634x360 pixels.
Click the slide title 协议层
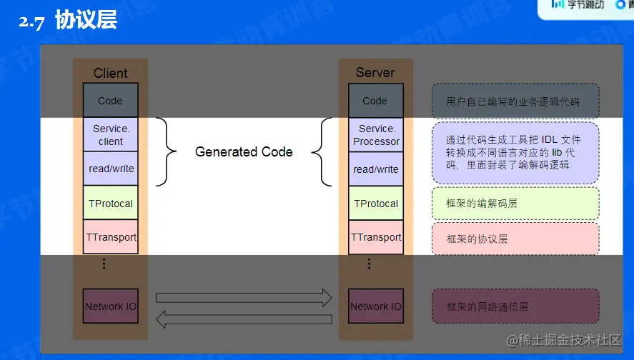(86, 21)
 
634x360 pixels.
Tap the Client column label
(110, 73)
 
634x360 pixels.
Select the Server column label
(375, 72)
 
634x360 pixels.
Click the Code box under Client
(110, 101)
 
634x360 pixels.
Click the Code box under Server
(375, 101)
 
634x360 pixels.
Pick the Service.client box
(110, 135)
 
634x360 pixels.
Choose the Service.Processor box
(376, 135)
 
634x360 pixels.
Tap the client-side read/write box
(110, 169)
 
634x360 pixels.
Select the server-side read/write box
(376, 169)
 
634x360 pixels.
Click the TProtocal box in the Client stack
(110, 204)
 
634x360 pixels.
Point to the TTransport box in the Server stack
(376, 237)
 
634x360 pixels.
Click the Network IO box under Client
(110, 306)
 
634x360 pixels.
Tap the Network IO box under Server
(376, 306)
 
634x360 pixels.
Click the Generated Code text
(244, 151)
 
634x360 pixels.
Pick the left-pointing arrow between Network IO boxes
(244, 319)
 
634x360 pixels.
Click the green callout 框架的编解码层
(515, 204)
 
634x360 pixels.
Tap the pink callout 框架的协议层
(515, 239)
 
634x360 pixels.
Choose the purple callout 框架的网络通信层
(515, 306)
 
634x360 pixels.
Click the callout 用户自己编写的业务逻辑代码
(515, 101)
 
